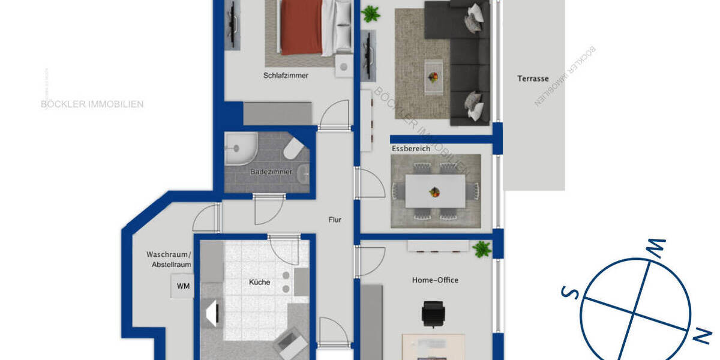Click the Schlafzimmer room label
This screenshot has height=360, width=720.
click(x=286, y=76)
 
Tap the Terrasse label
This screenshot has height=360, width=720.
click(x=532, y=79)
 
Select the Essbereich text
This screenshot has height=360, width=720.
click(x=410, y=148)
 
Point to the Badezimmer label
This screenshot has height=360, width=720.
click(x=271, y=172)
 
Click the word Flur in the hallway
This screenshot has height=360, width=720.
click(x=335, y=220)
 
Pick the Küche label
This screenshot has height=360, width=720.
click(x=260, y=282)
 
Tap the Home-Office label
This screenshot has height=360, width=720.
click(x=435, y=280)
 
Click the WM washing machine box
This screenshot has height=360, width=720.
click(x=183, y=286)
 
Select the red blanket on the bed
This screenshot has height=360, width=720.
click(x=301, y=27)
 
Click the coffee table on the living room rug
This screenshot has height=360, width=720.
click(x=433, y=76)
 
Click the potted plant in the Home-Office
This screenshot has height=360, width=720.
click(x=481, y=249)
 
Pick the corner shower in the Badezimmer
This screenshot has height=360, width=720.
click(x=238, y=149)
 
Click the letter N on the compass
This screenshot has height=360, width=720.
click(x=700, y=337)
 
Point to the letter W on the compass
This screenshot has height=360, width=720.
click(x=657, y=245)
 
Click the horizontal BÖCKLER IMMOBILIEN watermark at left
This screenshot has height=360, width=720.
click(x=92, y=104)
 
